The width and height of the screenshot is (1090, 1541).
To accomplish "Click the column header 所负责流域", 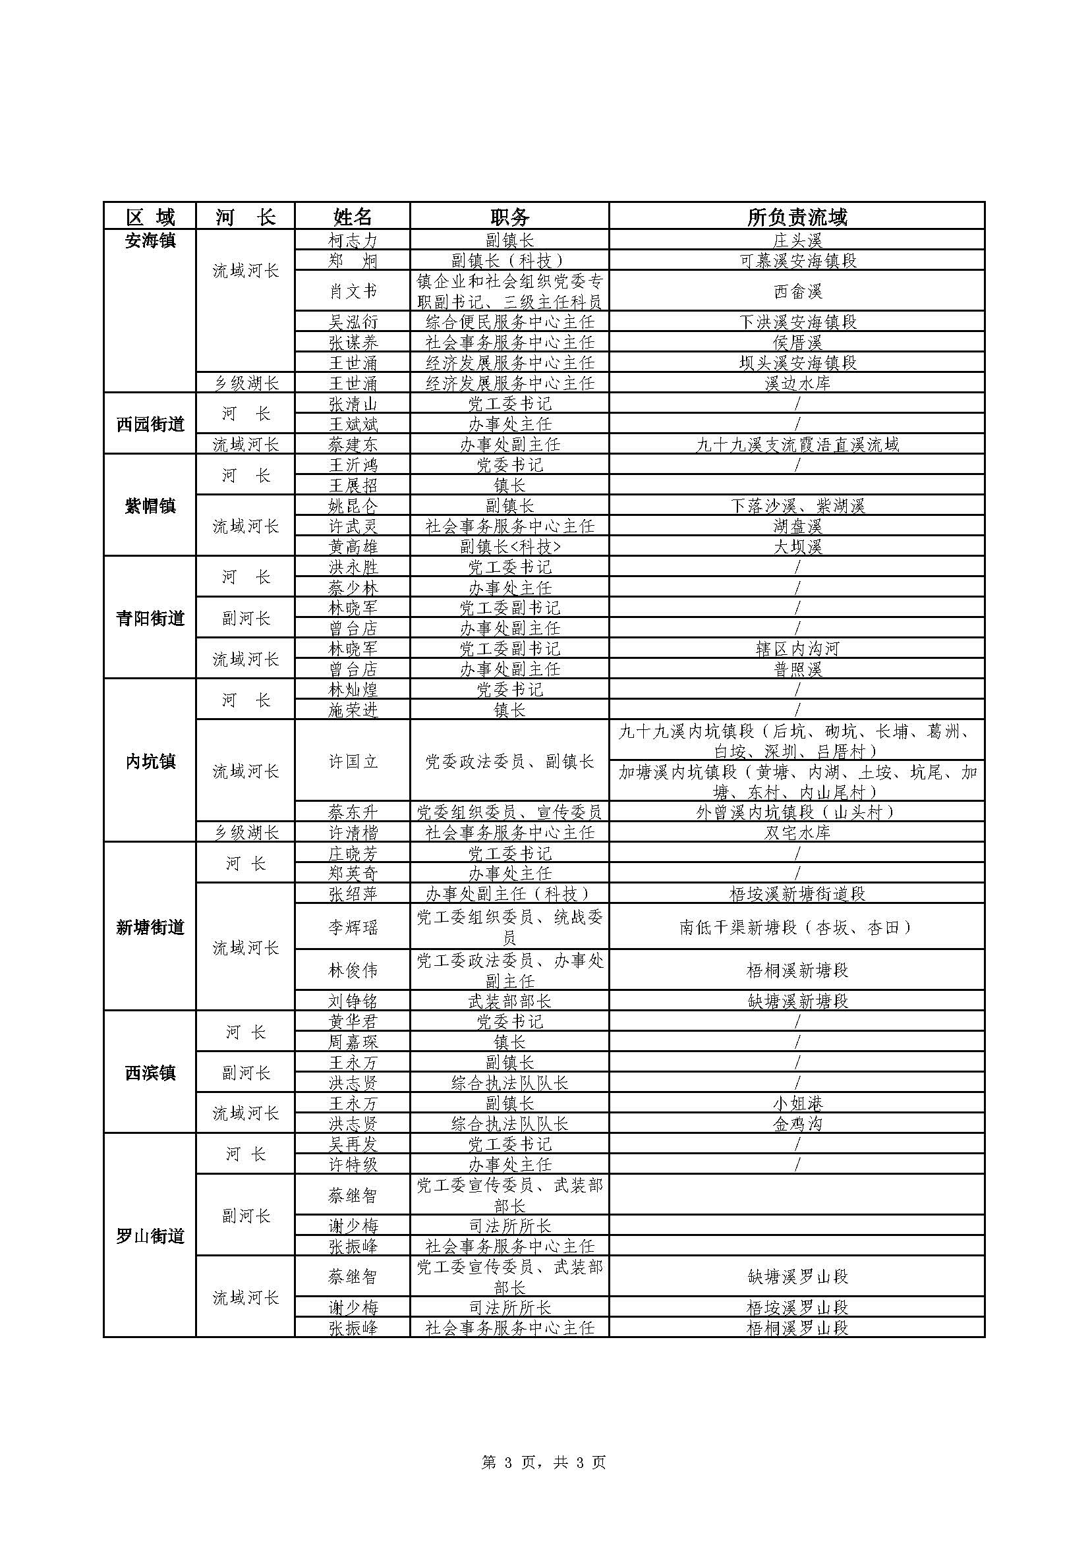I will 797,217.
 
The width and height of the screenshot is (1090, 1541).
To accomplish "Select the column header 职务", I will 509,217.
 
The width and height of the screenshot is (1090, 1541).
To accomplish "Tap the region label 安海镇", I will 150,240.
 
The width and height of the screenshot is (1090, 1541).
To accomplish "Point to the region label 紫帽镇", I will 150,506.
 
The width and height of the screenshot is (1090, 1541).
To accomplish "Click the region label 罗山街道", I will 150,1235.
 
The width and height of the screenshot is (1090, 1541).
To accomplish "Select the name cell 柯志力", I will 353,240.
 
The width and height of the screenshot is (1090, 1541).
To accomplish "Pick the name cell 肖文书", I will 353,291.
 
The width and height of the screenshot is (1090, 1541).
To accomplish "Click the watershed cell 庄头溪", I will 797,240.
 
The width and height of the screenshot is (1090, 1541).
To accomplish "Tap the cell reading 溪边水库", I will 797,383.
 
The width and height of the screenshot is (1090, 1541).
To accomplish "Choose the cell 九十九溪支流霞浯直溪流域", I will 797,444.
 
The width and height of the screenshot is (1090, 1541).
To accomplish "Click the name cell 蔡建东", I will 353,444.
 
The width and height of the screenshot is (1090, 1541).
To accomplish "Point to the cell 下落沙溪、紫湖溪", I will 797,506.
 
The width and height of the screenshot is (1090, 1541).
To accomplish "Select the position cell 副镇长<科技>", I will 509,547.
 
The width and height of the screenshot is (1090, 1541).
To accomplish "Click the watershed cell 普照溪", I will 797,669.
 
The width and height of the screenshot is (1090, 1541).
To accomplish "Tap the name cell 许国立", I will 353,762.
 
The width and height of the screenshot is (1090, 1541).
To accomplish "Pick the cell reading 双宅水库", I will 797,833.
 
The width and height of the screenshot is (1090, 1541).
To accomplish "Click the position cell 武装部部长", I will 509,1001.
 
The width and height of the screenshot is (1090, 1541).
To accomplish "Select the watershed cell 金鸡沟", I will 797,1123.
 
